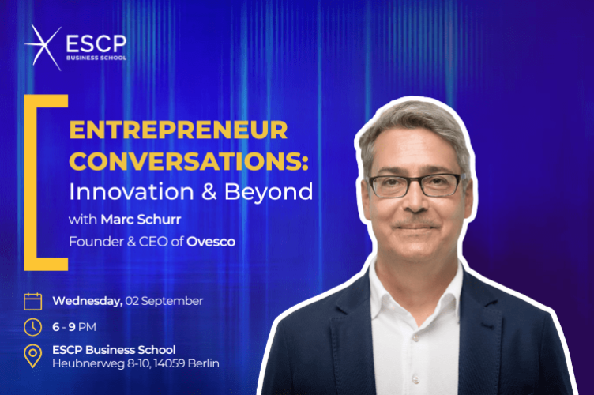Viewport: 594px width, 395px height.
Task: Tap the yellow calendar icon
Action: [32, 301]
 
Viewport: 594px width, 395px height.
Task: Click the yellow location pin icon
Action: [32, 356]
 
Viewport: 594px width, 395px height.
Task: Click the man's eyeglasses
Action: [415, 185]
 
